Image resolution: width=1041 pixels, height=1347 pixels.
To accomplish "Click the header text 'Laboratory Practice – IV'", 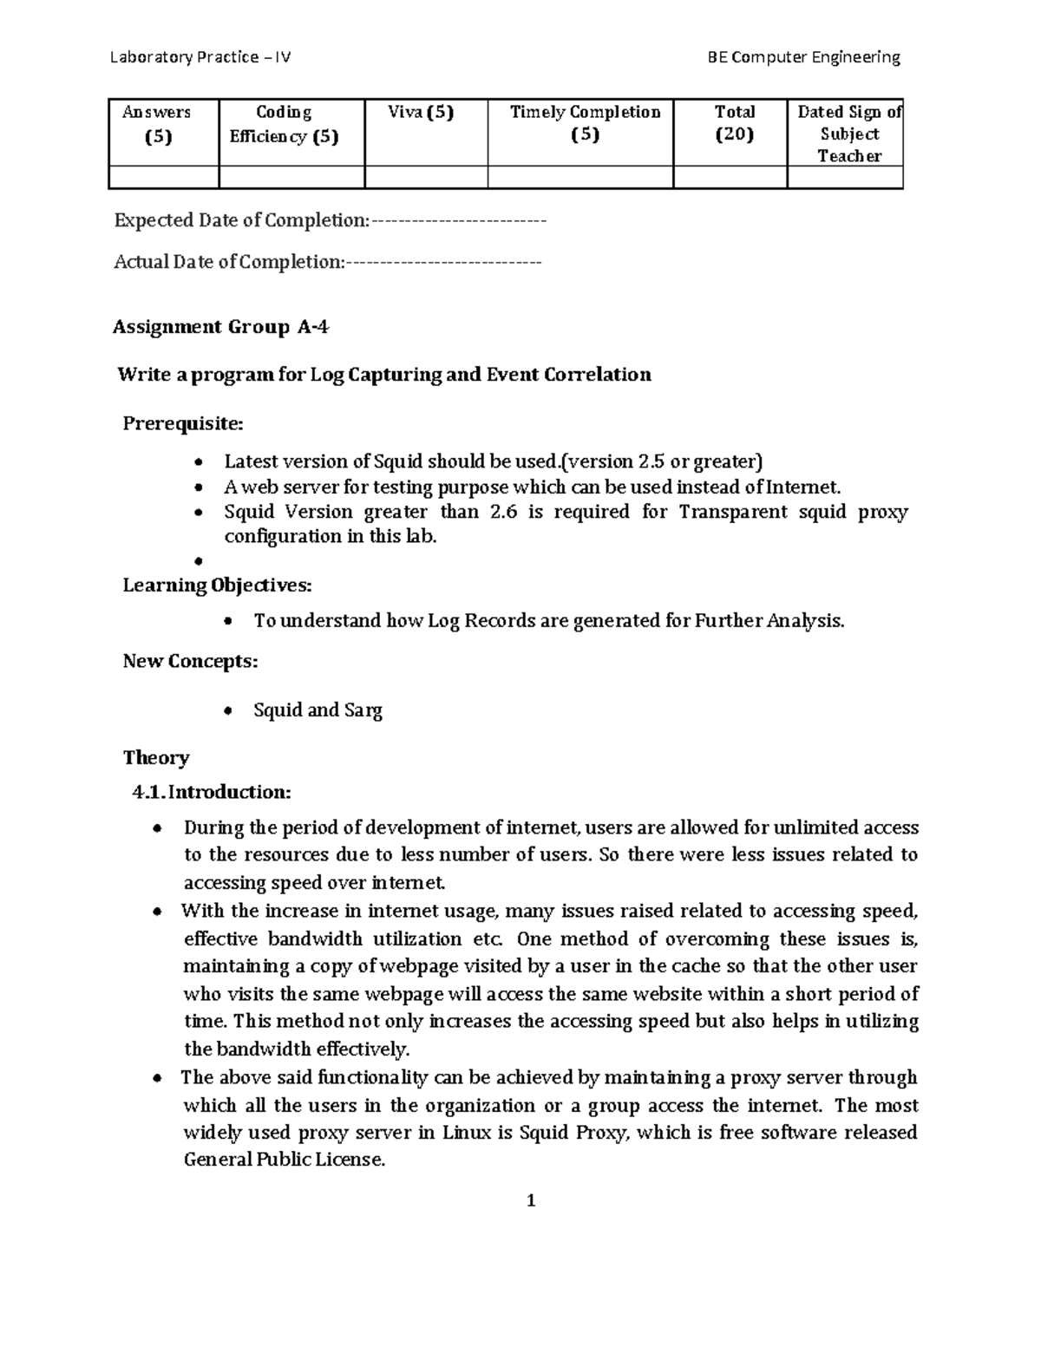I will coord(200,57).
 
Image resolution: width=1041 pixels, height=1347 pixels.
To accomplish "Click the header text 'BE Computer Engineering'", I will coord(804,57).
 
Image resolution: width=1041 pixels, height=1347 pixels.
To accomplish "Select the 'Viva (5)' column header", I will coord(425,112).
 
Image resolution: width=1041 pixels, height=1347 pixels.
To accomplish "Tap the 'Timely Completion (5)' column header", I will coord(585,123).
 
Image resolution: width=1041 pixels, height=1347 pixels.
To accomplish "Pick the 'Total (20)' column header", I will coord(734,123).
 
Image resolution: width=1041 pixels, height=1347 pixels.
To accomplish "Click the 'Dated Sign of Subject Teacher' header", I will coord(848,134).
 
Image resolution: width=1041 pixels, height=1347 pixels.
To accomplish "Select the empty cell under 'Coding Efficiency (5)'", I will coord(291,178).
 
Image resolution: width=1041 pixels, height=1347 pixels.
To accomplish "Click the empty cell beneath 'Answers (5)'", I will coord(163,178).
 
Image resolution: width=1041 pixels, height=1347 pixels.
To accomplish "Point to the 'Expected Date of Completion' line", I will coord(330,220).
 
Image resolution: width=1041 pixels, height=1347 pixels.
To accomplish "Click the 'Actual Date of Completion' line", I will coord(327,262).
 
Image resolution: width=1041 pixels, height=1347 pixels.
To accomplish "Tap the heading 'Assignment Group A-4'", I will coord(221,327).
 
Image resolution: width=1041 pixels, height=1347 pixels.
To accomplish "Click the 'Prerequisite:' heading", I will coord(183,423).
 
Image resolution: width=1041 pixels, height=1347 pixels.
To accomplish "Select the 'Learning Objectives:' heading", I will coord(217,585).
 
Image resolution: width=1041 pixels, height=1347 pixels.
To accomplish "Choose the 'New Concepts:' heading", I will coord(190,661).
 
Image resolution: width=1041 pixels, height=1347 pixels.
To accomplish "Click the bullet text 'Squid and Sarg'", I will coord(318,710).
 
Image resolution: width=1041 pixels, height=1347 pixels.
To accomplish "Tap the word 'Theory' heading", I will coord(156,757).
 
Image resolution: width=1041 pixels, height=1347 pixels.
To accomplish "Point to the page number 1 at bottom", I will coord(531,1201).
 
